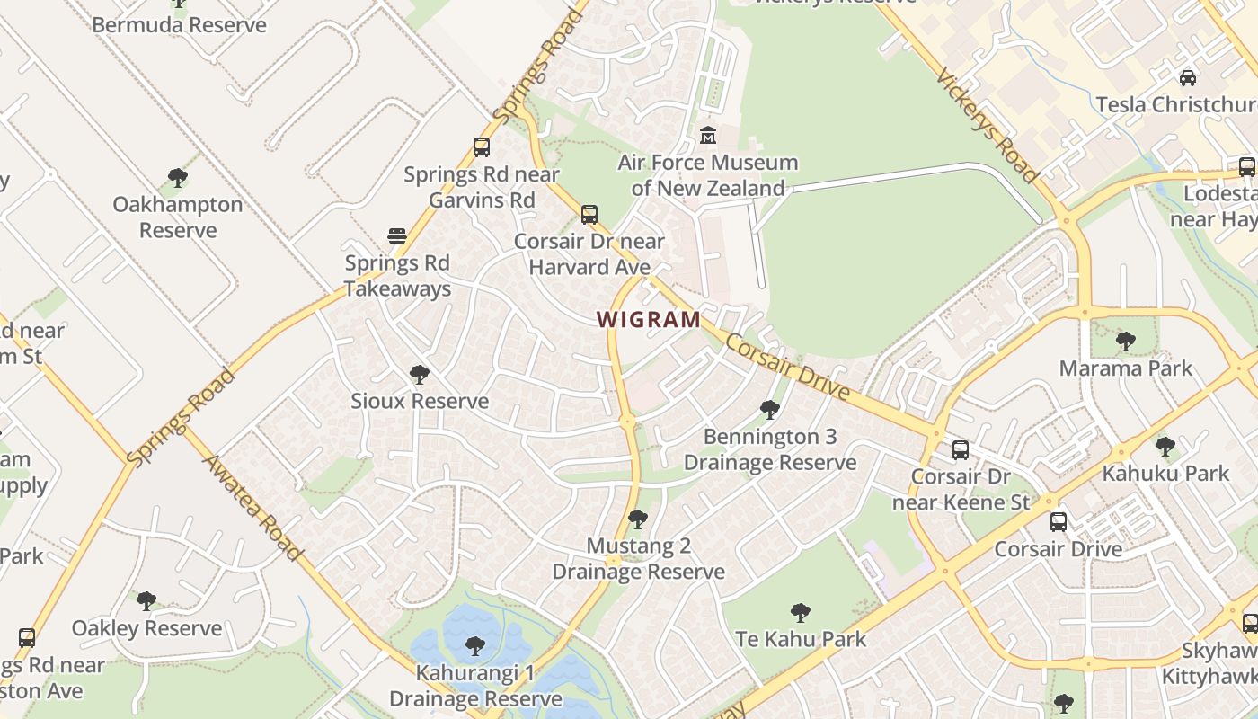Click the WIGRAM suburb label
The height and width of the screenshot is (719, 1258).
pos(649,319)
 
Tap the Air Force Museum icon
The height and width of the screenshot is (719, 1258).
pos(708,136)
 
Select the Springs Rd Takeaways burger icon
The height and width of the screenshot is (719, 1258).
pos(397,236)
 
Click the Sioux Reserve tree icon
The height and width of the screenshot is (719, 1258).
pos(419,374)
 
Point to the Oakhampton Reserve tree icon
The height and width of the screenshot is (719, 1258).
pos(178,177)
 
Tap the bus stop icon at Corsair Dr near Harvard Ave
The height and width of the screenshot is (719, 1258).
pos(589,215)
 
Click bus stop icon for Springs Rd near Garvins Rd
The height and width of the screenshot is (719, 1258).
pos(482,147)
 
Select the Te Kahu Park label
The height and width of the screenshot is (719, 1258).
pos(801,639)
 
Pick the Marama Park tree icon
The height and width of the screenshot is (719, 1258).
pos(1125,341)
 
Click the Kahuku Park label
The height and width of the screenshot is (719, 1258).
pos(1165,473)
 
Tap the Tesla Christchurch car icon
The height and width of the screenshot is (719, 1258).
pos(1188,77)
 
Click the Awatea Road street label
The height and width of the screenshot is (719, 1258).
pos(252,508)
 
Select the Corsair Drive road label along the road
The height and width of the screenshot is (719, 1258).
pos(787,368)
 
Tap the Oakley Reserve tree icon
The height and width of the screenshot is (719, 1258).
pos(146,600)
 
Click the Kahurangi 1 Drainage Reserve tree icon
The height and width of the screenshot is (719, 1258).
pos(475,645)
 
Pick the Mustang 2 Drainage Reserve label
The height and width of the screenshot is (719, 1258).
pos(638,558)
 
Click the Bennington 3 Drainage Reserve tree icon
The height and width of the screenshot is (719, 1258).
pos(769,410)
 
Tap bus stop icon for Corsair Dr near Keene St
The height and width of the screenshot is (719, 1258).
pos(961,449)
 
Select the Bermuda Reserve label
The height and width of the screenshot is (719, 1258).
pos(179,24)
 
